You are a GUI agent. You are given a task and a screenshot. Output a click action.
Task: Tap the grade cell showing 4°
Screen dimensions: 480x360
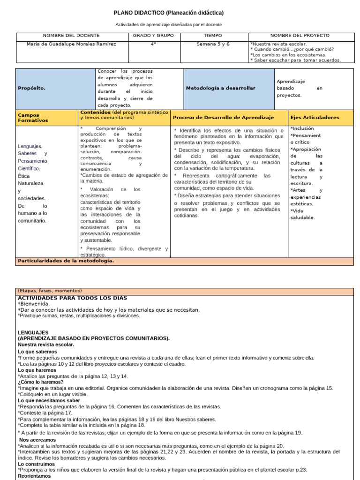point(153,44)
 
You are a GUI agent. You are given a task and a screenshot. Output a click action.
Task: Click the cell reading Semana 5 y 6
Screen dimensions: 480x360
point(213,44)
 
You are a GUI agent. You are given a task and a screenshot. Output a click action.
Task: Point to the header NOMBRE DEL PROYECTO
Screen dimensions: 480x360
point(300,36)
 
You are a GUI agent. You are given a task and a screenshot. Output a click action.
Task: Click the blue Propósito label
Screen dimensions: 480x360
point(32,88)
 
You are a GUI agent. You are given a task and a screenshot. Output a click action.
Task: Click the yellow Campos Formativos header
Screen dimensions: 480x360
point(33,117)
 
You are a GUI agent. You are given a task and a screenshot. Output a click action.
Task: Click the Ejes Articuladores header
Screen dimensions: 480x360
point(315,118)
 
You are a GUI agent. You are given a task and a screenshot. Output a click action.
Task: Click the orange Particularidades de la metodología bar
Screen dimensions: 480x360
point(66,261)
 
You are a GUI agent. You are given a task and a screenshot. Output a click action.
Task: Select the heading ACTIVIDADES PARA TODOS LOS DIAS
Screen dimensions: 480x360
point(72,298)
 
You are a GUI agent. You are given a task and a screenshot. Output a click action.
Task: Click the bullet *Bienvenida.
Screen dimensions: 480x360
point(33,304)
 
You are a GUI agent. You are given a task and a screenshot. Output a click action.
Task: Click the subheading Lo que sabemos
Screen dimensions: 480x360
point(37,352)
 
